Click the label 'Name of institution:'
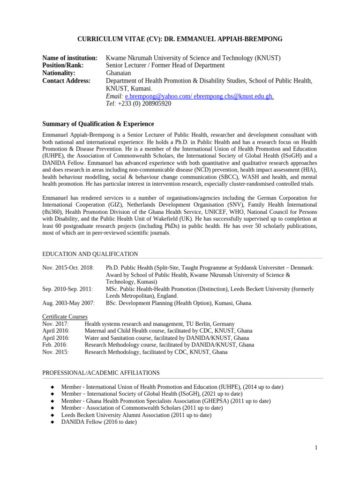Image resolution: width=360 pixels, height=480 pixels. point(70,58)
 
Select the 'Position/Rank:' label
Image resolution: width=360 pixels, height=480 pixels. point(63,66)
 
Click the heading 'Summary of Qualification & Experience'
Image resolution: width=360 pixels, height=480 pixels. point(98,124)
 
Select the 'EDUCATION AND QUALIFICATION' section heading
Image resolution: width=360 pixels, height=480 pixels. point(90,254)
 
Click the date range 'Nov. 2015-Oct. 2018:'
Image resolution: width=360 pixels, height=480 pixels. point(68,268)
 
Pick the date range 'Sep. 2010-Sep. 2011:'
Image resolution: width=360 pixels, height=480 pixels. point(67,289)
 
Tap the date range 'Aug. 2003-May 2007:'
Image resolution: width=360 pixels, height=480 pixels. point(68,303)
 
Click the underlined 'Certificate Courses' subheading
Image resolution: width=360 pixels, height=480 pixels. point(65,317)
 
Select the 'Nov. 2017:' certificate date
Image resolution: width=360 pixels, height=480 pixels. point(56,324)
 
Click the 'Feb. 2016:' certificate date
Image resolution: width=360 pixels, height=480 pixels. point(55,345)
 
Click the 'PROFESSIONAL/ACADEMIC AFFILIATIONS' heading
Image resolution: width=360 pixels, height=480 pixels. point(101,373)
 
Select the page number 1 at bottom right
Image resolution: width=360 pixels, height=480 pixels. point(316,448)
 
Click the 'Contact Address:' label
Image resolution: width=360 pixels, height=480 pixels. point(66,81)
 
